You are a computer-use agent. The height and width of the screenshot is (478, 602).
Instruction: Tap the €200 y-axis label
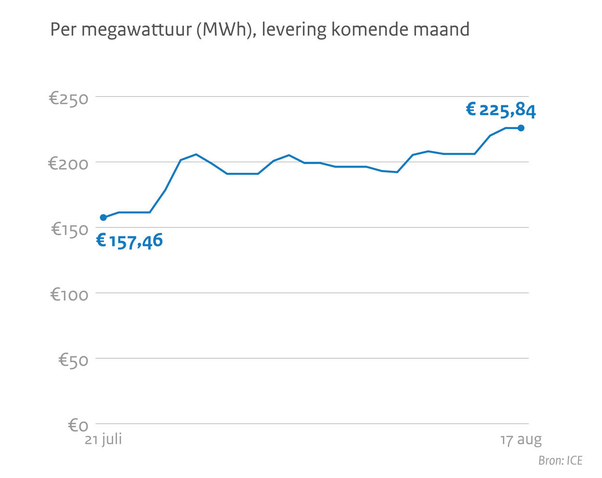click(68, 164)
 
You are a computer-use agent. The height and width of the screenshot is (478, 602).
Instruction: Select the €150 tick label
click(70, 230)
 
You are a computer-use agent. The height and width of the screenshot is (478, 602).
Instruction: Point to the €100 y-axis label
click(70, 295)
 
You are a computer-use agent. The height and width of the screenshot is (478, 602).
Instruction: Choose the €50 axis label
click(73, 360)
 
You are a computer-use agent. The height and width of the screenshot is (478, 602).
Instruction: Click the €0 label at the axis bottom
click(78, 426)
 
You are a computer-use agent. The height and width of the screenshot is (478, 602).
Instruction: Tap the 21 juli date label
click(103, 439)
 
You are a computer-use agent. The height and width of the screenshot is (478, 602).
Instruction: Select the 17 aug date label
click(521, 440)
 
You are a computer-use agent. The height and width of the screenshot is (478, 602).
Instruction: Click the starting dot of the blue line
click(103, 218)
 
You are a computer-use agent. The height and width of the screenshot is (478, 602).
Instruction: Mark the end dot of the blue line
click(521, 128)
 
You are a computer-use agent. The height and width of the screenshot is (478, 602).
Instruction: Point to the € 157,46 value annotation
click(130, 241)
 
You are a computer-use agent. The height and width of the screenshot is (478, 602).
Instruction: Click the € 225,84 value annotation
click(501, 110)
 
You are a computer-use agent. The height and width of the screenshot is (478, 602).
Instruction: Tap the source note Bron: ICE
click(560, 461)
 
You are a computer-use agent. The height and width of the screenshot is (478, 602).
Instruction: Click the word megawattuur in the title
click(136, 30)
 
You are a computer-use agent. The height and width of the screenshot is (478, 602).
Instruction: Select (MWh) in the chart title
click(225, 30)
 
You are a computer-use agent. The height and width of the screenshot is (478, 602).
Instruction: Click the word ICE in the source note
click(574, 461)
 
